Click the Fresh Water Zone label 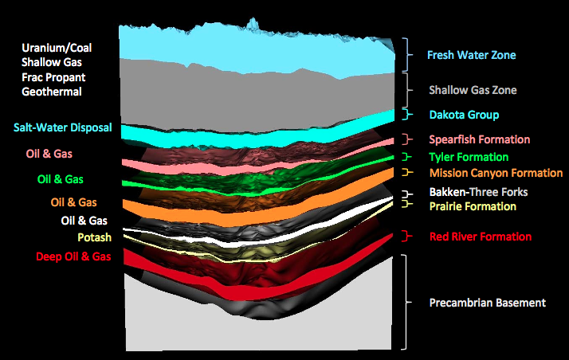coord(471,56)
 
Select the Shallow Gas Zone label coord(473,90)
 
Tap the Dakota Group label coord(464,115)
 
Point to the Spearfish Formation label coord(479,140)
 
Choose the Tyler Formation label coord(469,157)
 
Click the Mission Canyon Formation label coord(496,172)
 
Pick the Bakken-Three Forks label coord(478,192)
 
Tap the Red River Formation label coord(481,237)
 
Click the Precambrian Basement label coord(487,303)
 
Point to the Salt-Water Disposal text coord(62,127)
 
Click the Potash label coord(94,237)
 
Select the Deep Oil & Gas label coord(73,256)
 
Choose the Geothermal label coord(52,92)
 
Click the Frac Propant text coord(53,77)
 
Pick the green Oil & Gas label coord(60,179)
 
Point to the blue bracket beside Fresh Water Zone coord(406,55)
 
